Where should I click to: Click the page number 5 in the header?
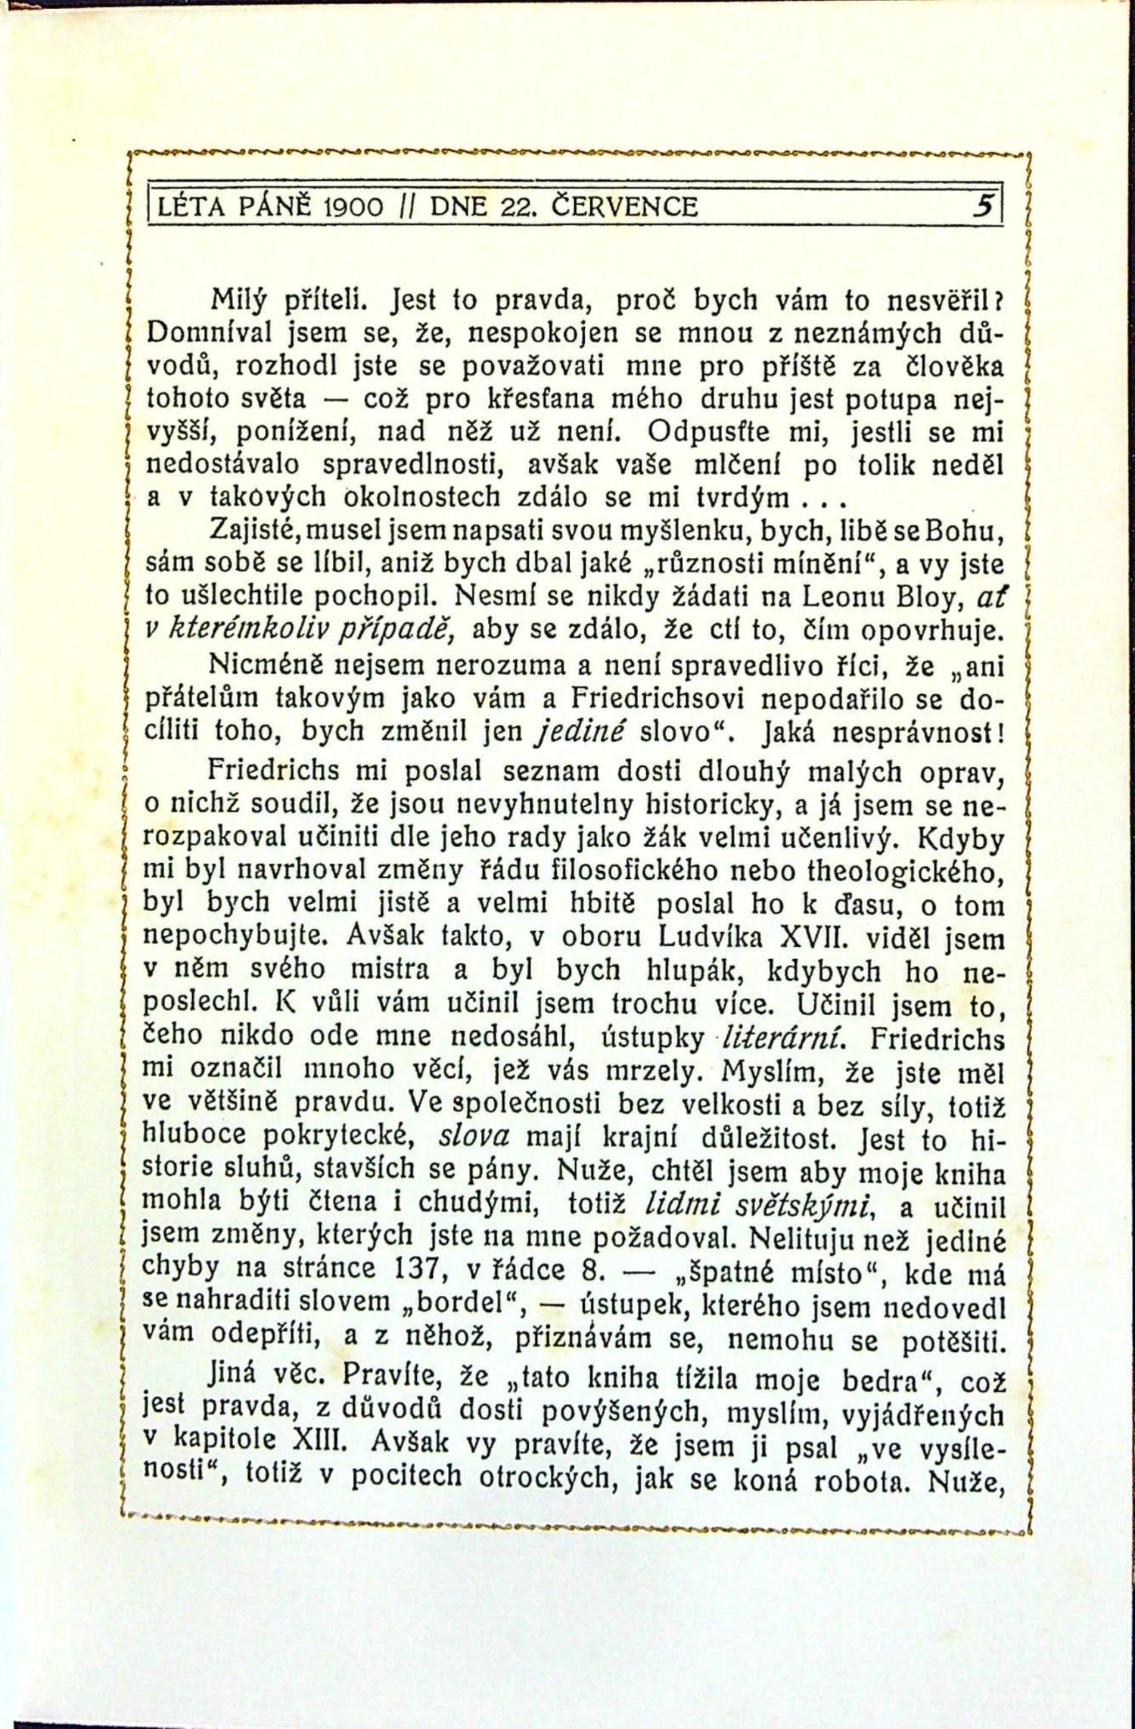click(x=984, y=205)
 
